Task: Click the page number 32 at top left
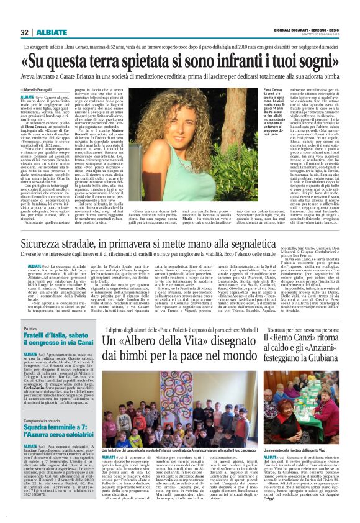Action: click(24, 32)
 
